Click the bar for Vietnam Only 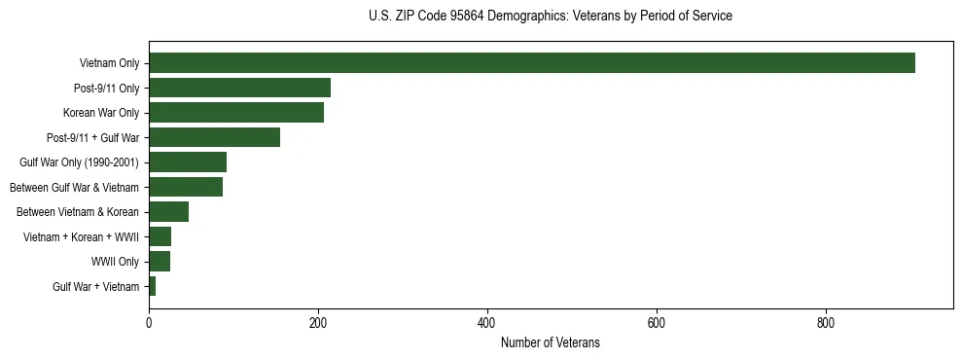(531, 63)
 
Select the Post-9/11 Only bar (239, 88)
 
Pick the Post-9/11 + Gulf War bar (214, 137)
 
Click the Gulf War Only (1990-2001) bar (187, 162)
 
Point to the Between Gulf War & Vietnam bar (185, 187)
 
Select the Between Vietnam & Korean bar (168, 212)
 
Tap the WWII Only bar (160, 262)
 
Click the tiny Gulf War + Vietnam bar (152, 286)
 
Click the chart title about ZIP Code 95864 (551, 17)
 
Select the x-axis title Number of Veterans (550, 343)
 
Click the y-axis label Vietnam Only (109, 63)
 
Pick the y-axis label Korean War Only (101, 113)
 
